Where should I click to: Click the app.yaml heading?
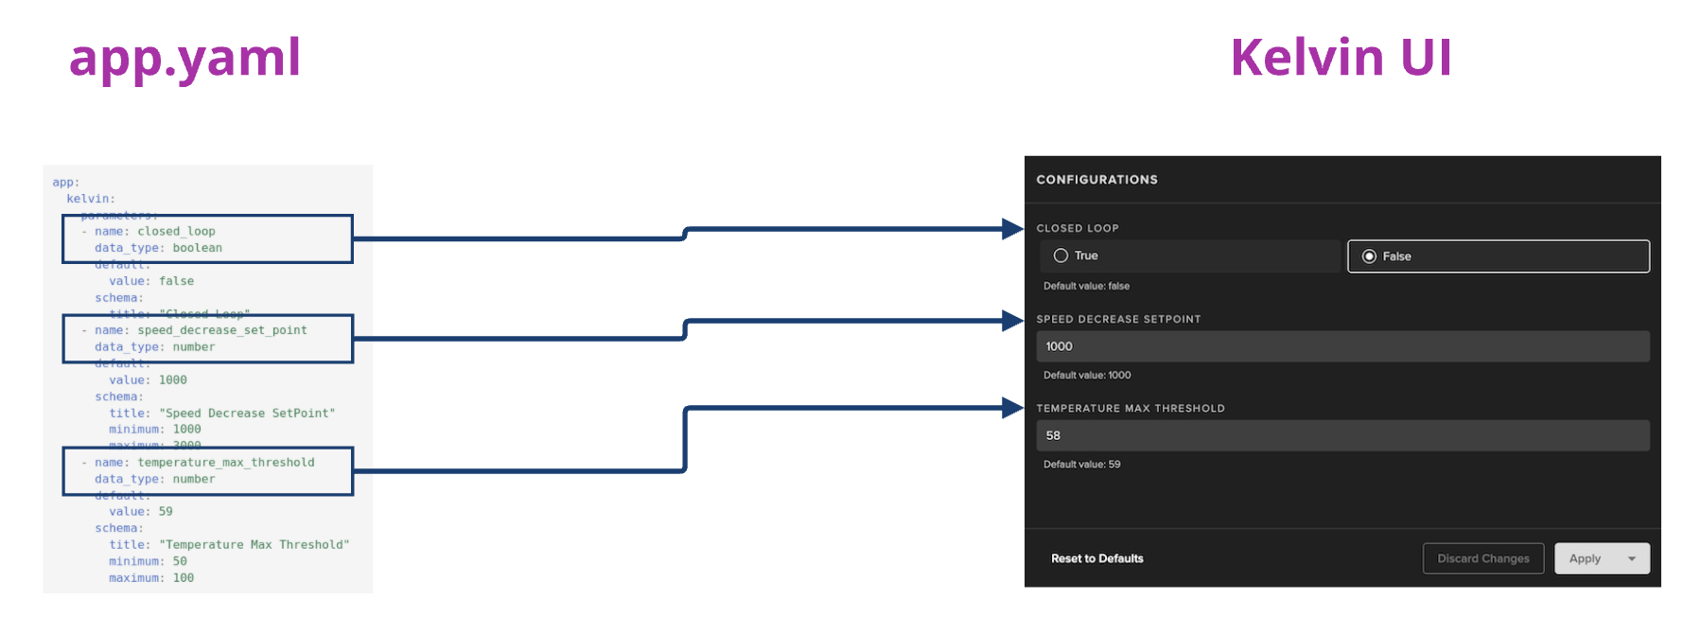point(184,59)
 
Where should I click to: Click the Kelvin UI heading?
point(1341,58)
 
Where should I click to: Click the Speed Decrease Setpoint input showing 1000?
point(1342,346)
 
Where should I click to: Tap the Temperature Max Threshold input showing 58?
point(1342,435)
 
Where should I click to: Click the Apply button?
point(1586,558)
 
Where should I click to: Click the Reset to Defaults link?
point(1097,558)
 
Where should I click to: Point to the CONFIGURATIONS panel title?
point(1096,180)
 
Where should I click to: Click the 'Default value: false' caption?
point(1086,286)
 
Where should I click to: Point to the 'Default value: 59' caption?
point(1081,465)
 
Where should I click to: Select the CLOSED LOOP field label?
point(1078,228)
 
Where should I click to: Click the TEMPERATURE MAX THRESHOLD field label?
point(1131,409)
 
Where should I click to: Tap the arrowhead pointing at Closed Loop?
point(1012,229)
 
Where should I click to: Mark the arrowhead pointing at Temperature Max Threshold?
point(1012,408)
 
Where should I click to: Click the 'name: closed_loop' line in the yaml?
point(155,232)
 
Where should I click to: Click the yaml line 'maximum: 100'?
point(151,578)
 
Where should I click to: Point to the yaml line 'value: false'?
point(151,281)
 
